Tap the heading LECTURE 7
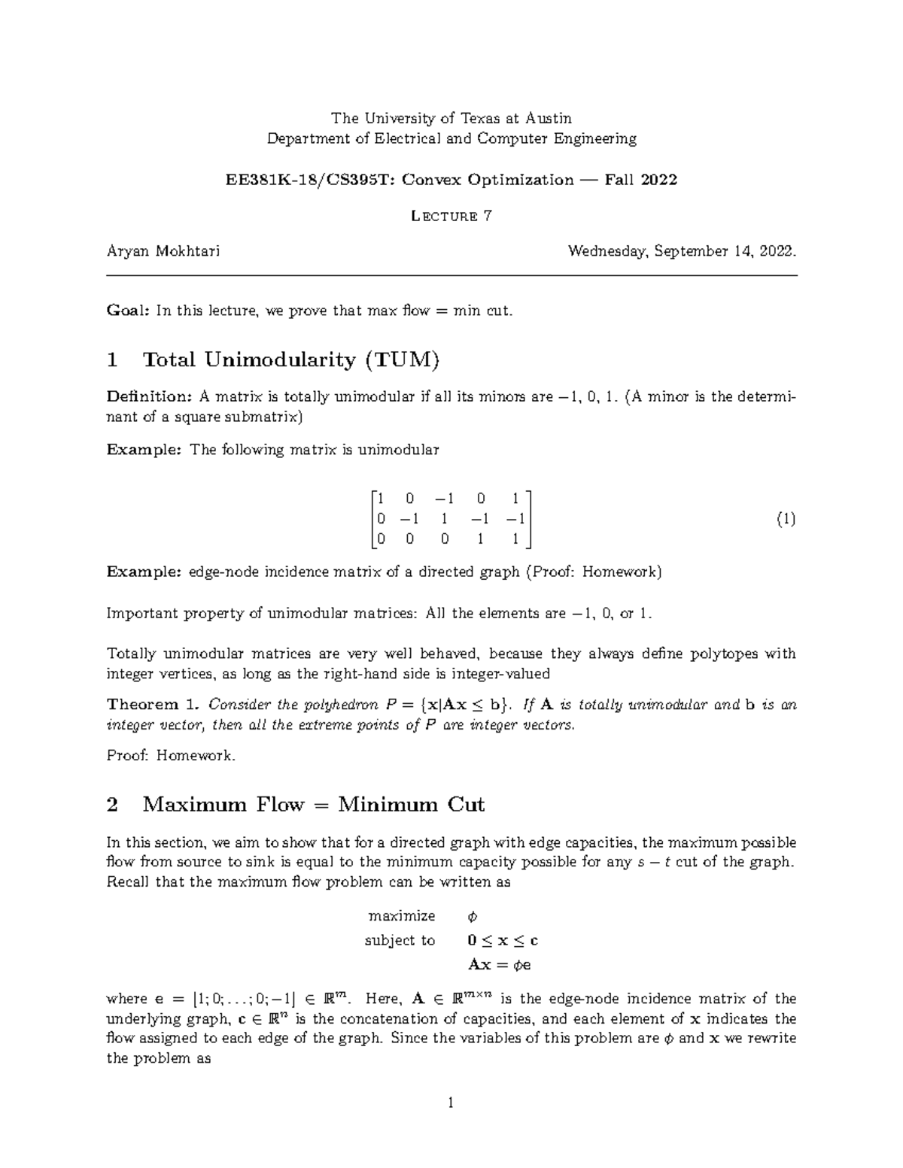[x=451, y=217]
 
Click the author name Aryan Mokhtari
[x=163, y=251]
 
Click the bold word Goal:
[x=129, y=310]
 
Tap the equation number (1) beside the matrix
[x=786, y=519]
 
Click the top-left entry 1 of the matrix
[x=381, y=498]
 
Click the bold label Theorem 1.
[x=154, y=705]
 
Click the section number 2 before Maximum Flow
[x=113, y=805]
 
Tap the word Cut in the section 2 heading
[x=467, y=805]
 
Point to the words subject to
[x=400, y=940]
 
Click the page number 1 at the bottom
[x=451, y=1104]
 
